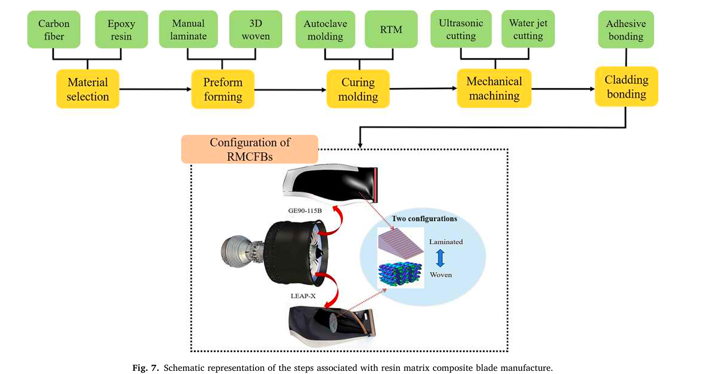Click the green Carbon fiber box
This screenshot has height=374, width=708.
click(x=54, y=30)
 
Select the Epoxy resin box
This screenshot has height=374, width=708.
click(x=121, y=30)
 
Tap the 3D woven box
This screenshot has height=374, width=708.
click(x=256, y=30)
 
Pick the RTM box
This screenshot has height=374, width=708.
click(x=391, y=30)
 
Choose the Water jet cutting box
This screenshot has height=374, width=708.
click(x=528, y=29)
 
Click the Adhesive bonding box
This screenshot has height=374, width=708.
click(x=626, y=30)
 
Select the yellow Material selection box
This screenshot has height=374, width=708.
click(x=87, y=89)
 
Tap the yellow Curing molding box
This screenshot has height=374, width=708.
click(x=358, y=89)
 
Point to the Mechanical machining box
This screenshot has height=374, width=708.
click(x=494, y=88)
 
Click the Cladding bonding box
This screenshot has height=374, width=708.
click(x=626, y=87)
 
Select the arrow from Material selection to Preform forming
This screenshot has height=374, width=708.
click(x=155, y=89)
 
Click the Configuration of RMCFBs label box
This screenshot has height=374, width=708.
click(x=250, y=149)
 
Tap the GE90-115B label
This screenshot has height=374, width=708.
click(x=305, y=211)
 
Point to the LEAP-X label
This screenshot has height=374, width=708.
click(x=303, y=296)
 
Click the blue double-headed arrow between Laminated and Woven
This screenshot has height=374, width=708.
click(x=440, y=258)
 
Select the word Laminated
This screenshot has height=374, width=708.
click(x=446, y=242)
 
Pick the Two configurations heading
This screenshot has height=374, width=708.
click(x=424, y=219)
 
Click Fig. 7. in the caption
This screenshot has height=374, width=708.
click(x=145, y=368)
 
